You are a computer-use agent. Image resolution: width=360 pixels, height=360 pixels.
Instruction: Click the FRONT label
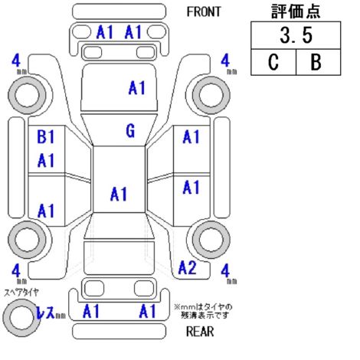click(x=204, y=11)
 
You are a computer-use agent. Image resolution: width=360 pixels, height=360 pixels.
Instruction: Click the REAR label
click(x=200, y=332)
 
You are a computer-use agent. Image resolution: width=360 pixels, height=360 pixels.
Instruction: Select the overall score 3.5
click(x=296, y=35)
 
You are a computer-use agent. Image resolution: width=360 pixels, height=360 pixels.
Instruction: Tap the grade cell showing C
click(x=273, y=62)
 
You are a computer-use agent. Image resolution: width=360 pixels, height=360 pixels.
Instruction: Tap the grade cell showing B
click(x=319, y=62)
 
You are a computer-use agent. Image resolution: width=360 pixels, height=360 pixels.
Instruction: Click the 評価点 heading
click(x=296, y=11)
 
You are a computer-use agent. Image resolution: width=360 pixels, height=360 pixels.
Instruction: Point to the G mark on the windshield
click(x=130, y=131)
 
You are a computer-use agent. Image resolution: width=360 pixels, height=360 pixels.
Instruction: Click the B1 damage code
click(x=46, y=136)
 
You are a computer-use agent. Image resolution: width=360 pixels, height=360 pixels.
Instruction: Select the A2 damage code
click(x=188, y=267)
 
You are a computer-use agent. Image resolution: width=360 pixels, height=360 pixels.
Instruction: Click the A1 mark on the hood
click(x=137, y=88)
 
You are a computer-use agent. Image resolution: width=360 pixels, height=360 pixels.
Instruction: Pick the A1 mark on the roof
click(x=119, y=194)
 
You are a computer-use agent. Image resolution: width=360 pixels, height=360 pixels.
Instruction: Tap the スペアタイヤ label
click(x=21, y=292)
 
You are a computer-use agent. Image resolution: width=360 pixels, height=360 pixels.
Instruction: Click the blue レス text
click(x=45, y=312)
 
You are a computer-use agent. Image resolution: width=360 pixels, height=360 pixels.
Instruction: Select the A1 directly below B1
click(x=46, y=160)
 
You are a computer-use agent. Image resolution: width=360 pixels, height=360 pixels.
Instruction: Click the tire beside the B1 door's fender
click(x=27, y=95)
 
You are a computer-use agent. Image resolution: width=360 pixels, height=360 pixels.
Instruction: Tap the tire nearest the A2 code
click(x=211, y=240)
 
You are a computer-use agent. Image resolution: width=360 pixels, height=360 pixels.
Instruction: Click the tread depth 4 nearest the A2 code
click(x=225, y=271)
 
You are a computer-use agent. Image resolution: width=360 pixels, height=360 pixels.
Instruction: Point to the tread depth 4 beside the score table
click(x=225, y=61)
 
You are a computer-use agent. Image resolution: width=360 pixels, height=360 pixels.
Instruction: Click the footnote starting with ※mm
click(x=203, y=311)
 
